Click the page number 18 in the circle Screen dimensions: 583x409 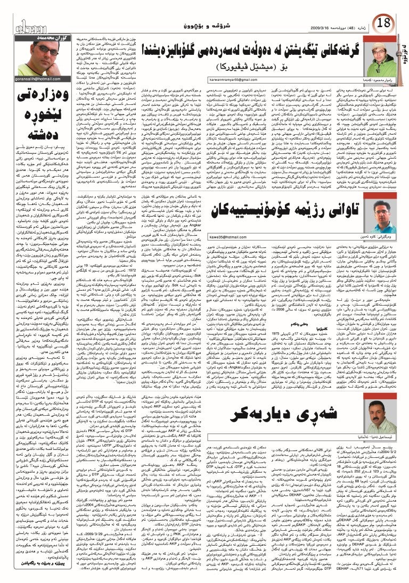tap(385, 23)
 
